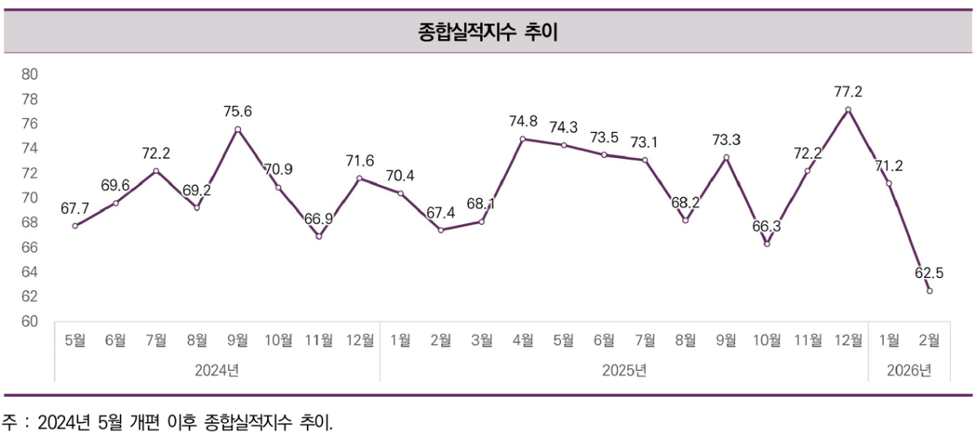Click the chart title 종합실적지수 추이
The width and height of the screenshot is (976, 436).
487,33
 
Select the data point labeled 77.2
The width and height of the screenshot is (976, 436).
848,109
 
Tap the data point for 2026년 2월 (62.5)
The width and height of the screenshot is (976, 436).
930,291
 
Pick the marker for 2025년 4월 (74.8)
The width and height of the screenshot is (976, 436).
523,139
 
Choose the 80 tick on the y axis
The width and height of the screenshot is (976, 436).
29,74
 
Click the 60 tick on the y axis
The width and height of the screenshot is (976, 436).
29,322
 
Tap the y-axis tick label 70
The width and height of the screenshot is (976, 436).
29,198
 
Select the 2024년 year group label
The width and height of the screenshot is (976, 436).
217,371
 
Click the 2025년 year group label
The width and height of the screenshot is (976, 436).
624,371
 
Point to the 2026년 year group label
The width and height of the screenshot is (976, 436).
909,371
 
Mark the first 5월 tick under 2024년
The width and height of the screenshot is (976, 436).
75,340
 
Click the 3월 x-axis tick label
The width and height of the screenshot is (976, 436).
482,340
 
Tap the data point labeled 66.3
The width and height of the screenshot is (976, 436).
767,244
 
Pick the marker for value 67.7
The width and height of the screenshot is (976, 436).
75,226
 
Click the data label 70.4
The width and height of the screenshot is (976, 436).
400,174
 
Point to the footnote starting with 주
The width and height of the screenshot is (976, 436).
168,422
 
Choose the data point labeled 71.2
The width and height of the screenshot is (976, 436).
889,183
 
